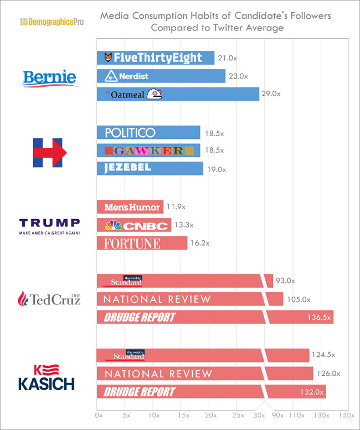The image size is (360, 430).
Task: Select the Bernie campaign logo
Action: coord(49,78)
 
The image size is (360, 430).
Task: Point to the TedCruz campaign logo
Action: coord(49,299)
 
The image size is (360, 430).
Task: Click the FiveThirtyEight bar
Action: coord(155,58)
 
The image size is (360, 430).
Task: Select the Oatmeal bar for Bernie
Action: coord(177,94)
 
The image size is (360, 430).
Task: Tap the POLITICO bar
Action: coord(148,132)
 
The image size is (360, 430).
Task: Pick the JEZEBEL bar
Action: coord(150,168)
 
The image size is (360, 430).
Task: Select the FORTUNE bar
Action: coord(141,244)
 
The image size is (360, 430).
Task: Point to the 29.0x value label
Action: coord(271,94)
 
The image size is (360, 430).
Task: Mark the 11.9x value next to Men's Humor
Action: coord(176,207)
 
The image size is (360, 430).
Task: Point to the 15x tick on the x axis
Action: coord(181,415)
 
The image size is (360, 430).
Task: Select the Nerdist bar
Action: coord(161,76)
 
